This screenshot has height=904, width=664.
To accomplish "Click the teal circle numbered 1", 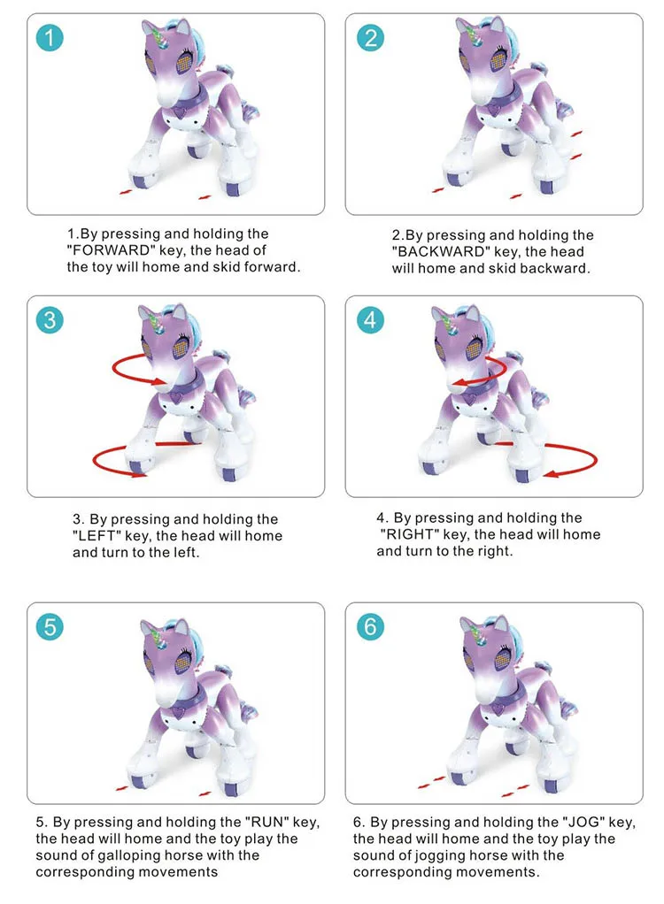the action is (49, 38).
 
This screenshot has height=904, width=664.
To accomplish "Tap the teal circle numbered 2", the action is (370, 38).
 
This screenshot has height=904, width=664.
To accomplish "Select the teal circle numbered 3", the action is (50, 320).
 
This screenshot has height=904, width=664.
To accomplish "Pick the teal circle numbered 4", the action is (370, 320).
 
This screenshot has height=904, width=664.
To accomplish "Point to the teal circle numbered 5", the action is (50, 626).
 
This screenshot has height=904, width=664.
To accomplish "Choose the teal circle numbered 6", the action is (370, 626).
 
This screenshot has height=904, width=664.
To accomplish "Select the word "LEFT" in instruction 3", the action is (97, 536).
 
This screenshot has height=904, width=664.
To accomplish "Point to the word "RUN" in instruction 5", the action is (266, 822).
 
